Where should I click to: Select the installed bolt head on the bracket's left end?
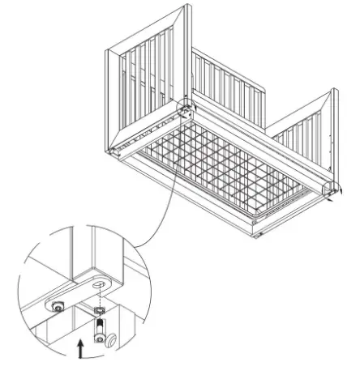pyautogui.click(x=58, y=305)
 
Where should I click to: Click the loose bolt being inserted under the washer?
pyautogui.click(x=99, y=331)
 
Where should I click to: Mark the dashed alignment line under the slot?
pyautogui.click(x=99, y=298)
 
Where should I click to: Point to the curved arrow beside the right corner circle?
pyautogui.click(x=341, y=194)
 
